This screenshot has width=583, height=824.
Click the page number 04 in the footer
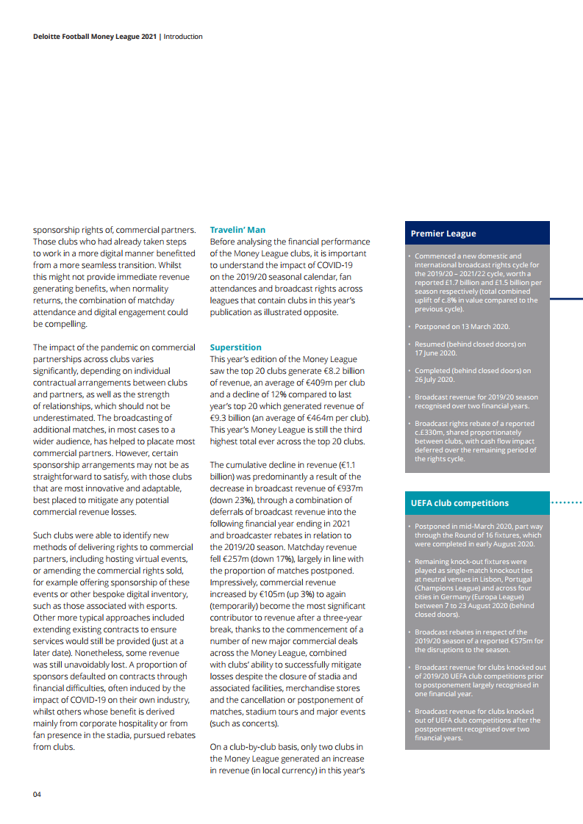pyautogui.click(x=37, y=795)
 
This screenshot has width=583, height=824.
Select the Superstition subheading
pyautogui.click(x=235, y=347)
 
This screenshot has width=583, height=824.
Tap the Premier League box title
pyautogui.click(x=443, y=234)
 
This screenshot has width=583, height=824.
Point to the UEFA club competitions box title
pyautogui.click(x=459, y=503)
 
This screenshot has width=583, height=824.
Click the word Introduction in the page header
pyautogui.click(x=183, y=36)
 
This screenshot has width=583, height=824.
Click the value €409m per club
pyautogui.click(x=337, y=383)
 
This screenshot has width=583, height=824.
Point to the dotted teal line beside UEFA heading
pyautogui.click(x=566, y=503)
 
